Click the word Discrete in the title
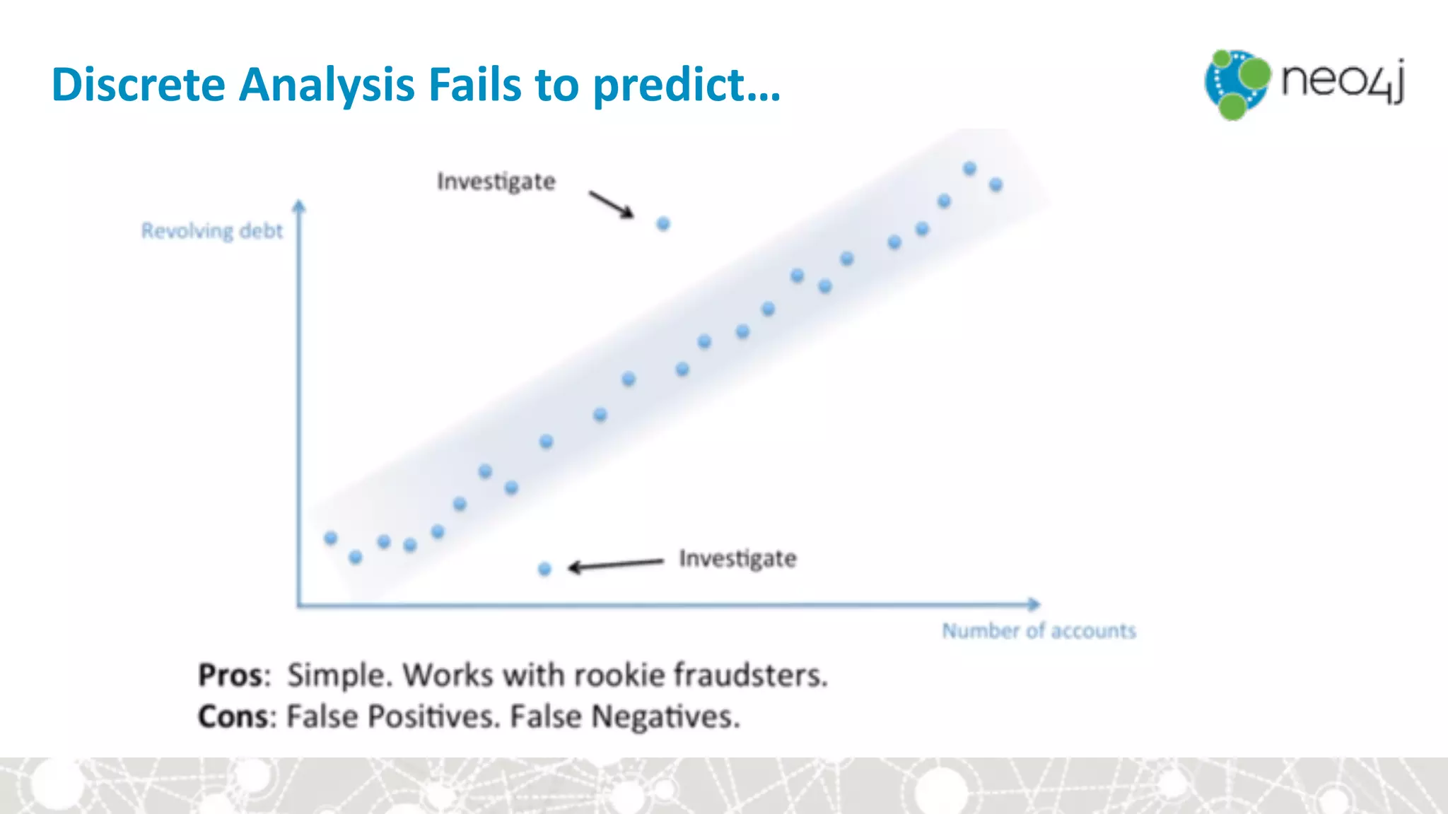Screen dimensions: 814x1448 [x=139, y=85]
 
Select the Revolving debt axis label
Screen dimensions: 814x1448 [x=211, y=231]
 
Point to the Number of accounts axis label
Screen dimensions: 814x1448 [x=1039, y=630]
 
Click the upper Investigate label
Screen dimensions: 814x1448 [x=496, y=182]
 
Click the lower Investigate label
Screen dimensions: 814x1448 [x=737, y=559]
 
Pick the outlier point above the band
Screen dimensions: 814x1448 [x=663, y=224]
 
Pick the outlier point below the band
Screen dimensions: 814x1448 [x=544, y=569]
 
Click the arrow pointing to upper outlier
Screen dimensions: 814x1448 [x=612, y=204]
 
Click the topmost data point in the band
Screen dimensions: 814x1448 [x=969, y=168]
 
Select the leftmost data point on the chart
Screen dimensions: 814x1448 [x=330, y=538]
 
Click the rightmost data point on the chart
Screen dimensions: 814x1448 [x=995, y=184]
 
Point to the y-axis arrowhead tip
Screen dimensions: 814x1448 [x=299, y=203]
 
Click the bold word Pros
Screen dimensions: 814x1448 [x=231, y=675]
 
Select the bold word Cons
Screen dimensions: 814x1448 [x=233, y=716]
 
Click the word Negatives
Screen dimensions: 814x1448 [x=665, y=716]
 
